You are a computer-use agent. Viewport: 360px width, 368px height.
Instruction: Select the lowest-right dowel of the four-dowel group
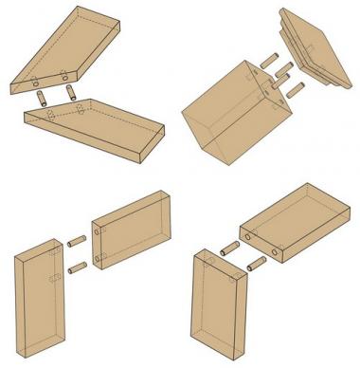pyautogui.click(x=295, y=90)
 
